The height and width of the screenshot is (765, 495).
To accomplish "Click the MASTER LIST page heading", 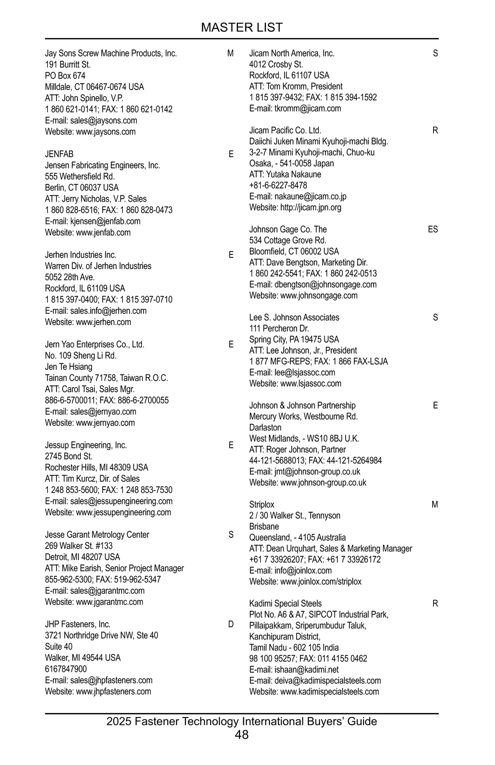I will tap(242, 28).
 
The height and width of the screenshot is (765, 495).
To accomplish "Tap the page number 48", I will tap(242, 734).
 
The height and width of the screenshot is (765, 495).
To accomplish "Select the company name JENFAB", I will tap(59, 154).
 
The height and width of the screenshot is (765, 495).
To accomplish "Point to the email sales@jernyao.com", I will tap(103, 412).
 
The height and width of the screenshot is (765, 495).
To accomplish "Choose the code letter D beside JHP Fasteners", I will tap(231, 624).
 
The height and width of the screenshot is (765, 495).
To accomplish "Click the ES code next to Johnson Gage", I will tap(433, 229).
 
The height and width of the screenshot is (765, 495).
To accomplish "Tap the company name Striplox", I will tap(262, 505).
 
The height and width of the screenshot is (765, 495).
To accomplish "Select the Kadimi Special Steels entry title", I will tap(285, 604).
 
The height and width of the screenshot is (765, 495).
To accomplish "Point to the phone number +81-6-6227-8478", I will tap(278, 186).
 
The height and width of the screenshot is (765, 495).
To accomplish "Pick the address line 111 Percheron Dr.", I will tap(279, 329).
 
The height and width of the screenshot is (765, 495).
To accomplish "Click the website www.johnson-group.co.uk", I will tap(323, 483).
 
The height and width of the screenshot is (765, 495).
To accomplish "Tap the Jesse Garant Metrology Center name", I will tap(97, 535).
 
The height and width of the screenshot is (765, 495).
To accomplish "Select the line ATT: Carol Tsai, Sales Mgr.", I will tap(90, 389).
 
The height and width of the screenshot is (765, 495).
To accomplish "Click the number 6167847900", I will tap(66, 669).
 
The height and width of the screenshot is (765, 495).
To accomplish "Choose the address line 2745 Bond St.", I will tap(68, 457).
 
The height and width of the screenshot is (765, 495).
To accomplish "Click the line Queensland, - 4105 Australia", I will tap(297, 538).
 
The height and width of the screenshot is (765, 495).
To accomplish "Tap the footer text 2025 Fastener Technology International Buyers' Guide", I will tap(242, 721).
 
